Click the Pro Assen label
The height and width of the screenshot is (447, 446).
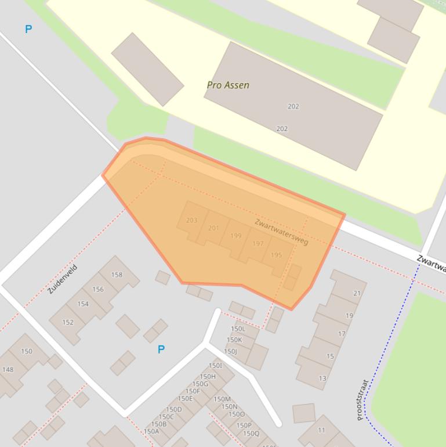pyautogui.click(x=228, y=85)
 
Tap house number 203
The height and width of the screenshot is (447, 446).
pyautogui.click(x=191, y=220)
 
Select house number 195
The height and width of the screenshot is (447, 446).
pyautogui.click(x=276, y=255)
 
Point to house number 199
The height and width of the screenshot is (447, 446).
pyautogui.click(x=235, y=236)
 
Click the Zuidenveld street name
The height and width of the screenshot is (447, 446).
pyautogui.click(x=62, y=279)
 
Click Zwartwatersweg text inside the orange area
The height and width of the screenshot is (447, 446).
pyautogui.click(x=281, y=232)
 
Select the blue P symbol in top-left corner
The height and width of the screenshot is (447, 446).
pyautogui.click(x=28, y=29)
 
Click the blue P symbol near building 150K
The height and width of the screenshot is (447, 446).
pyautogui.click(x=161, y=349)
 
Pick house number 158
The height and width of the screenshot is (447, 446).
pyautogui.click(x=117, y=275)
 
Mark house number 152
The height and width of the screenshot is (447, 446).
pyautogui.click(x=68, y=322)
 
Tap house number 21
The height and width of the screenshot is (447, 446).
pyautogui.click(x=357, y=293)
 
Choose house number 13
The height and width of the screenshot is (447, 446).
pyautogui.click(x=322, y=378)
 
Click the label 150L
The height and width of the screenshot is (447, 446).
pyautogui.click(x=238, y=329)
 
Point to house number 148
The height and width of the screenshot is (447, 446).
pyautogui.click(x=8, y=369)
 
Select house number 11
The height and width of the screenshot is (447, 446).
pyautogui.click(x=321, y=430)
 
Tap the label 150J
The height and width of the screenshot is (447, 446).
pyautogui.click(x=230, y=351)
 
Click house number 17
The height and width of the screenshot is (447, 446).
pyautogui.click(x=342, y=334)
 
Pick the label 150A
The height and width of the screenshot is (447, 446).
pyautogui.click(x=151, y=431)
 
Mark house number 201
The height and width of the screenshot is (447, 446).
pyautogui.click(x=213, y=228)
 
